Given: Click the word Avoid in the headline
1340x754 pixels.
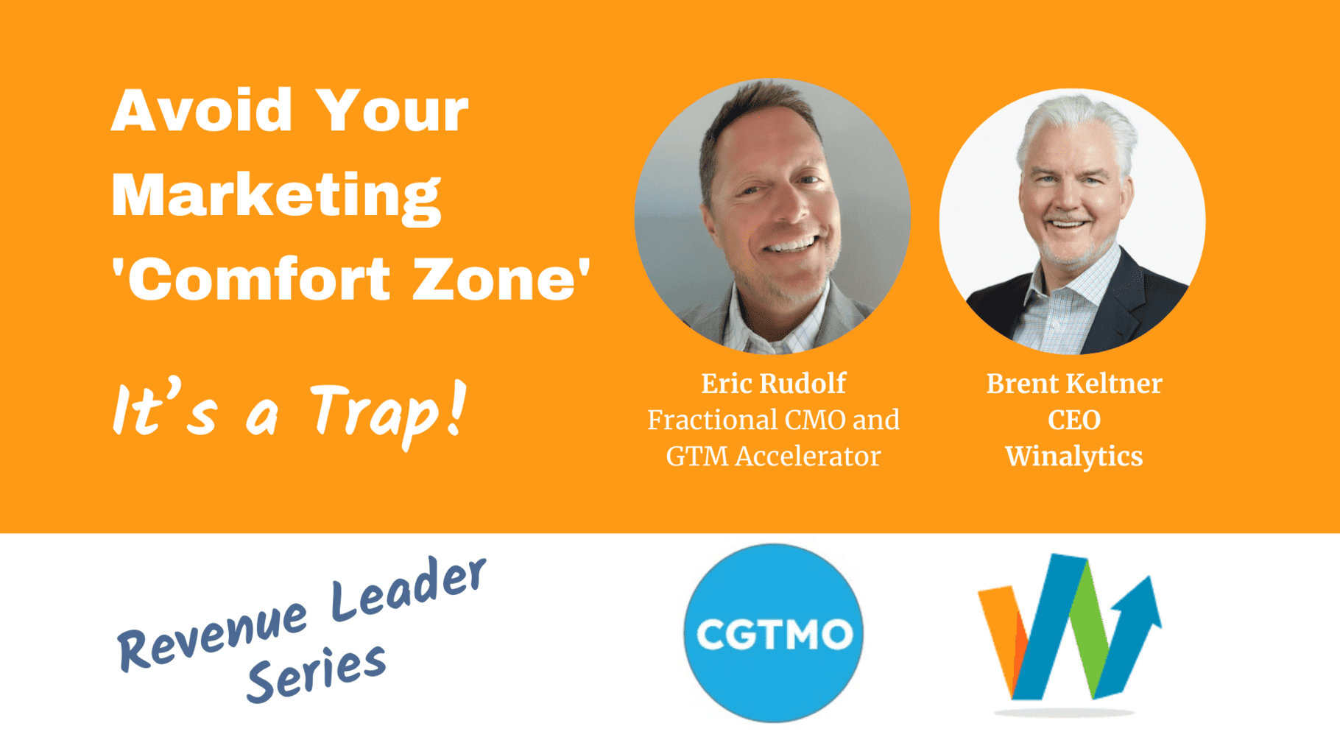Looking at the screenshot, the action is [x=202, y=110].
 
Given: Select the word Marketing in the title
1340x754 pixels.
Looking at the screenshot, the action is [x=276, y=197].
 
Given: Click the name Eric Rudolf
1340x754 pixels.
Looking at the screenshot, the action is [x=773, y=383].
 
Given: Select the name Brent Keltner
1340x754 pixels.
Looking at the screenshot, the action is [x=1074, y=383].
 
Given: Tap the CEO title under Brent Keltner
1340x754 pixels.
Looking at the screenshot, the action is [x=1074, y=420].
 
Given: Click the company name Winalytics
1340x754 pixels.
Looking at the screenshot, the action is [x=1074, y=457].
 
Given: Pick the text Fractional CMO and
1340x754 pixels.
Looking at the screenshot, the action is [x=773, y=420].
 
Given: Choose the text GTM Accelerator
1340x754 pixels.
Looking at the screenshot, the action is [x=773, y=457].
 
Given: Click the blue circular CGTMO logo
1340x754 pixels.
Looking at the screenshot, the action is [x=773, y=633].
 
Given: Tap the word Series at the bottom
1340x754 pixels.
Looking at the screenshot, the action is [x=317, y=673].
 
